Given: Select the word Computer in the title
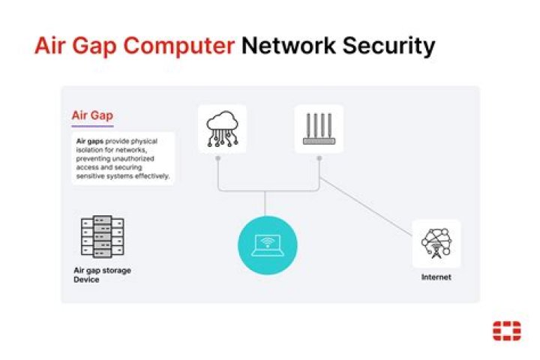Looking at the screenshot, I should (178, 46).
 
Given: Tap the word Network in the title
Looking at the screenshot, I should (288, 46).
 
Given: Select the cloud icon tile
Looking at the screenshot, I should (223, 129).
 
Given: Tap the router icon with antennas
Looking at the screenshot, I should (319, 129).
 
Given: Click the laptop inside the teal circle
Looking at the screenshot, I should (268, 244).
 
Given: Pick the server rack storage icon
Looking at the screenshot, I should (101, 237).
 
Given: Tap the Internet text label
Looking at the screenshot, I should (436, 277).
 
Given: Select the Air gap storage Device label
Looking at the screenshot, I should (101, 274).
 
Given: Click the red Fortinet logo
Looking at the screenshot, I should (507, 330).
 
